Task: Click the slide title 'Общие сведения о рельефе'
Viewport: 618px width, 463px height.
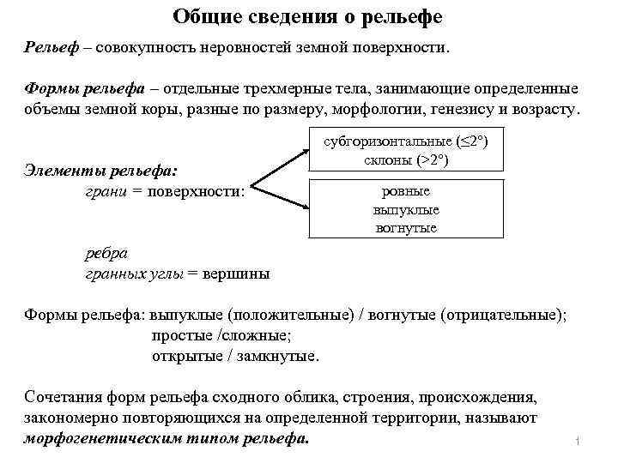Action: click(308, 17)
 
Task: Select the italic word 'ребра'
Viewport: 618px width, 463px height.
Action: click(106, 255)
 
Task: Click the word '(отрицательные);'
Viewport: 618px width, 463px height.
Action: click(503, 315)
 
